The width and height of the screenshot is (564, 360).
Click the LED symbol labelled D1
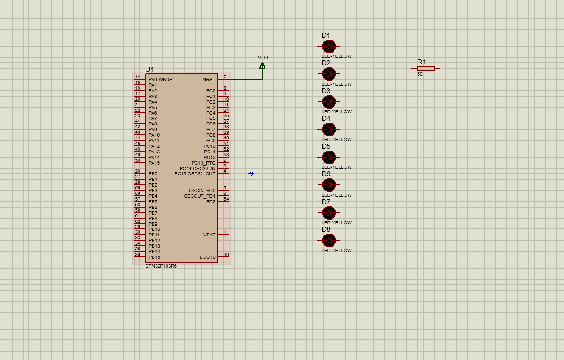(329, 46)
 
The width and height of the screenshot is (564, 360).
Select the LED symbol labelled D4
(329, 129)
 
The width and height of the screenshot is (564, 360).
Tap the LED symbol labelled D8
(329, 240)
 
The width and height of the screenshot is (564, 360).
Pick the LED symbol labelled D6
(329, 185)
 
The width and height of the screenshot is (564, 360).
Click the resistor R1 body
(425, 68)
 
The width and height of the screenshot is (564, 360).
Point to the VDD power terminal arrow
(262, 66)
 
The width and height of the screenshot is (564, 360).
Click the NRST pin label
(209, 80)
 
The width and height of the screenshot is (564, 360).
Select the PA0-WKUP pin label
(160, 80)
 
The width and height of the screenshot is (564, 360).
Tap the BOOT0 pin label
(208, 257)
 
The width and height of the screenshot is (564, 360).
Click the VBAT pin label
(209, 235)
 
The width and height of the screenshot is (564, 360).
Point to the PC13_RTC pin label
(203, 163)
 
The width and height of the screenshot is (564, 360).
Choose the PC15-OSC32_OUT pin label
(195, 174)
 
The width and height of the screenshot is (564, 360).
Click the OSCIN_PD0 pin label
(202, 191)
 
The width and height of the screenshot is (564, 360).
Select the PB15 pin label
(154, 257)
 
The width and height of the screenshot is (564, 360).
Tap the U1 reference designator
(149, 69)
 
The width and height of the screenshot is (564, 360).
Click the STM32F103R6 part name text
(161, 266)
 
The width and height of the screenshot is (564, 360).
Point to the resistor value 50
(420, 74)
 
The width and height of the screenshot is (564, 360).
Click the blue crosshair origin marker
(251, 174)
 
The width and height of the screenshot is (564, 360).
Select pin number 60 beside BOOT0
(226, 255)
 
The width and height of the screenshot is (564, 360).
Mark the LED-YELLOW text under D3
(336, 112)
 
